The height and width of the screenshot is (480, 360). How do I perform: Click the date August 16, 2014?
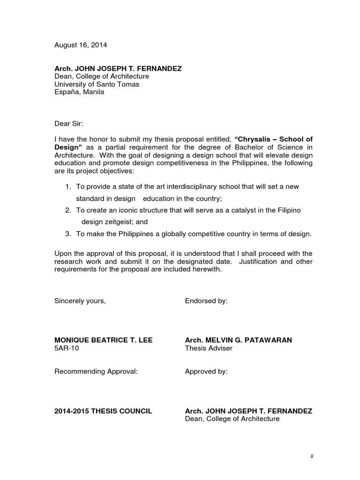[81, 45]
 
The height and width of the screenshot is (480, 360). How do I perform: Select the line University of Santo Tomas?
[97, 84]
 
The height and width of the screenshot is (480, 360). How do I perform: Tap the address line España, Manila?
[80, 92]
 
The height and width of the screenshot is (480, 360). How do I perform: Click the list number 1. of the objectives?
[68, 187]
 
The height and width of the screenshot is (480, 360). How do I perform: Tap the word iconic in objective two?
[130, 210]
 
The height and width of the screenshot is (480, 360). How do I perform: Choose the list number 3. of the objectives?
[68, 233]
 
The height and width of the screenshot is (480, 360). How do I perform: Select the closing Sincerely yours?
[80, 301]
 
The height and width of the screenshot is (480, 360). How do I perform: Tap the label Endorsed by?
[206, 301]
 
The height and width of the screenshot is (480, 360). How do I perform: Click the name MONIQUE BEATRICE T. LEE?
[104, 340]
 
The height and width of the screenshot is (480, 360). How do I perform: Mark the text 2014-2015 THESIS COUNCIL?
[103, 411]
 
